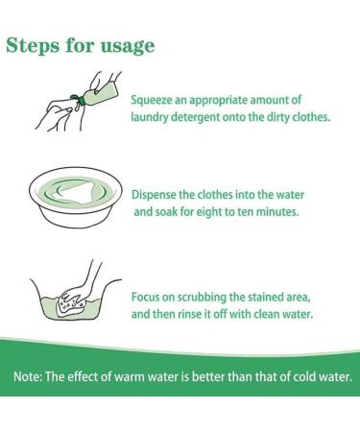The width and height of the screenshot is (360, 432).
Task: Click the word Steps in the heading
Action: (x=33, y=45)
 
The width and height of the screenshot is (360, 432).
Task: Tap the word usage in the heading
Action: (x=128, y=47)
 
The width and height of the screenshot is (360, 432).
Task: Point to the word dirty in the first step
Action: (x=277, y=117)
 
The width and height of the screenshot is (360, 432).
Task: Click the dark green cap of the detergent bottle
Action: (x=82, y=100)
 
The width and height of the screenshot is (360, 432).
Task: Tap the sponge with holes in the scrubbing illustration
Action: (x=70, y=304)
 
